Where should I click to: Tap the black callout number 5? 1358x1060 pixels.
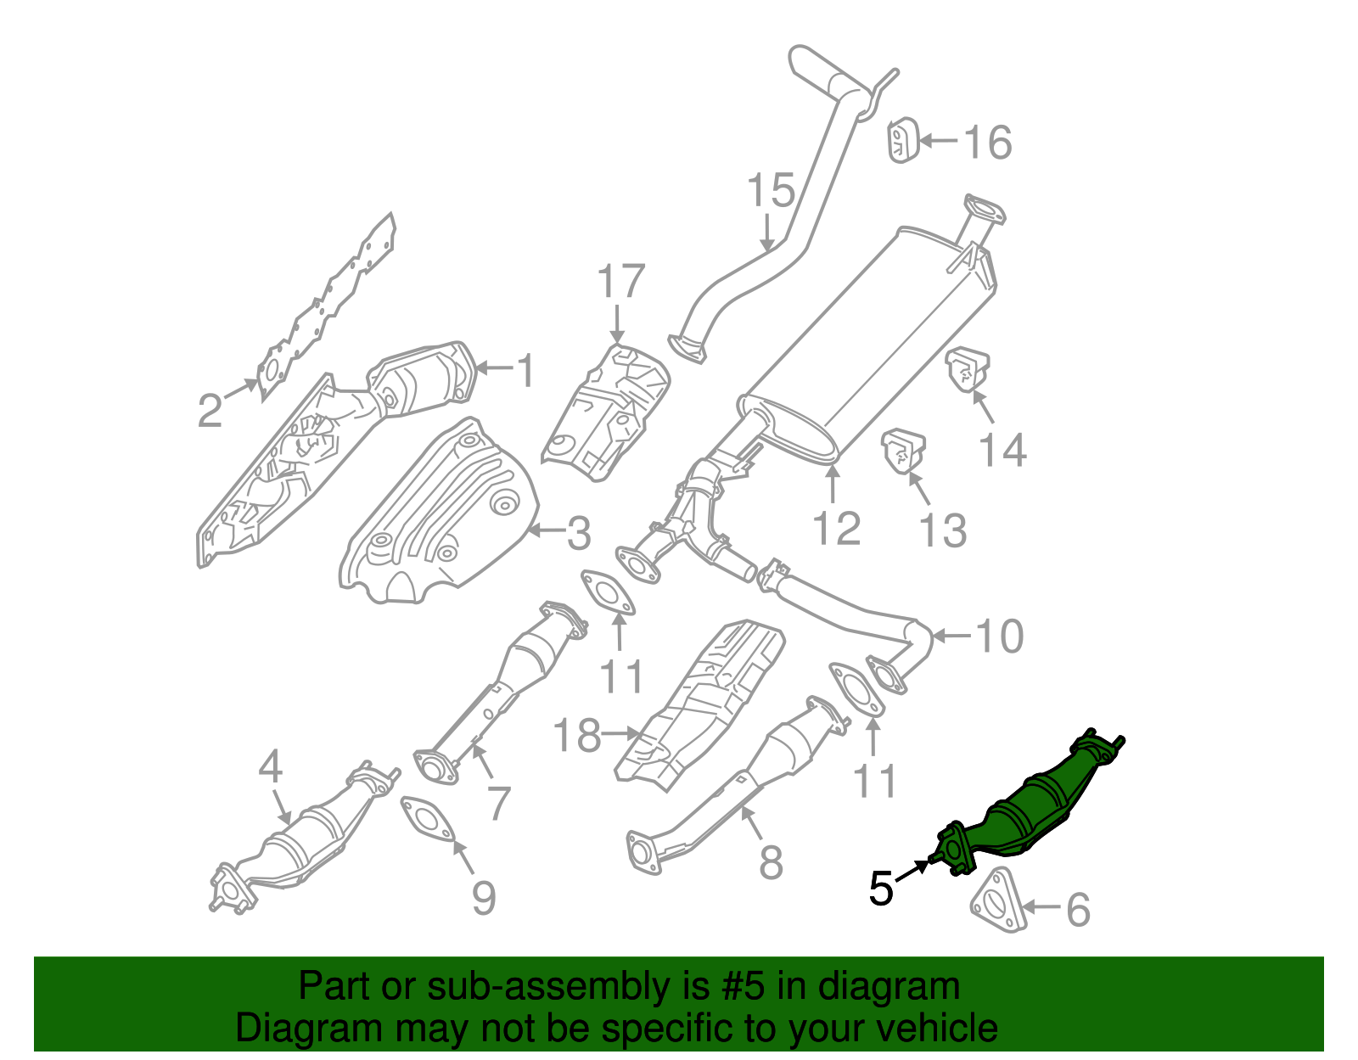coord(881,889)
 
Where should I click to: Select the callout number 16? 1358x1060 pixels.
coord(988,142)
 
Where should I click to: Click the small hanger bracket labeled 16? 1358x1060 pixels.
coord(901,141)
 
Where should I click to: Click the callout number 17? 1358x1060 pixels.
coord(621,281)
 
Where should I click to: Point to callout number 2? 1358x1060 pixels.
coord(210,412)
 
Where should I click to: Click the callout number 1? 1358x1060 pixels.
coord(526,371)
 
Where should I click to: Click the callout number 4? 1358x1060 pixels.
coord(270,767)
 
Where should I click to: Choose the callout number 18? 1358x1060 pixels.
coord(577,735)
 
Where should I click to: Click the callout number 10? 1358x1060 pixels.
coord(1000,636)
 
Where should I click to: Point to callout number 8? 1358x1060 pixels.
coord(771,863)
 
